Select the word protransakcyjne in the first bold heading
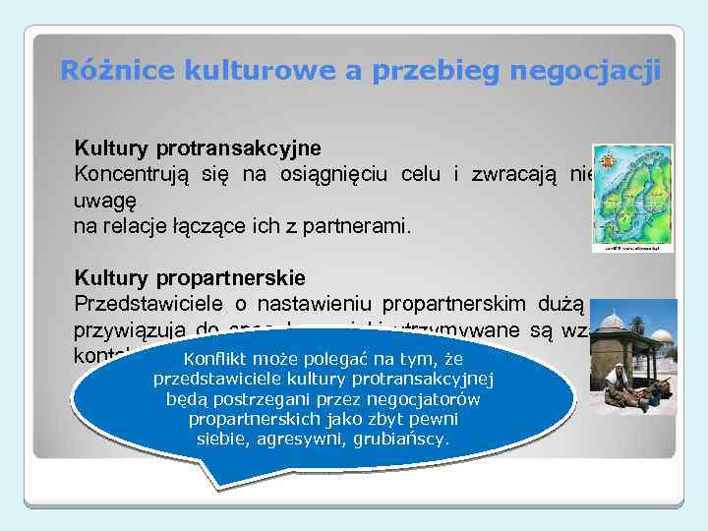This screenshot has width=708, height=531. [x=237, y=149]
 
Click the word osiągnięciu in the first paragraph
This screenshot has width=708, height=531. [x=333, y=175]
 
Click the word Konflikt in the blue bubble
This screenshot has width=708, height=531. [x=217, y=360]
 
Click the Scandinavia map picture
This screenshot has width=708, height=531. [x=632, y=197]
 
